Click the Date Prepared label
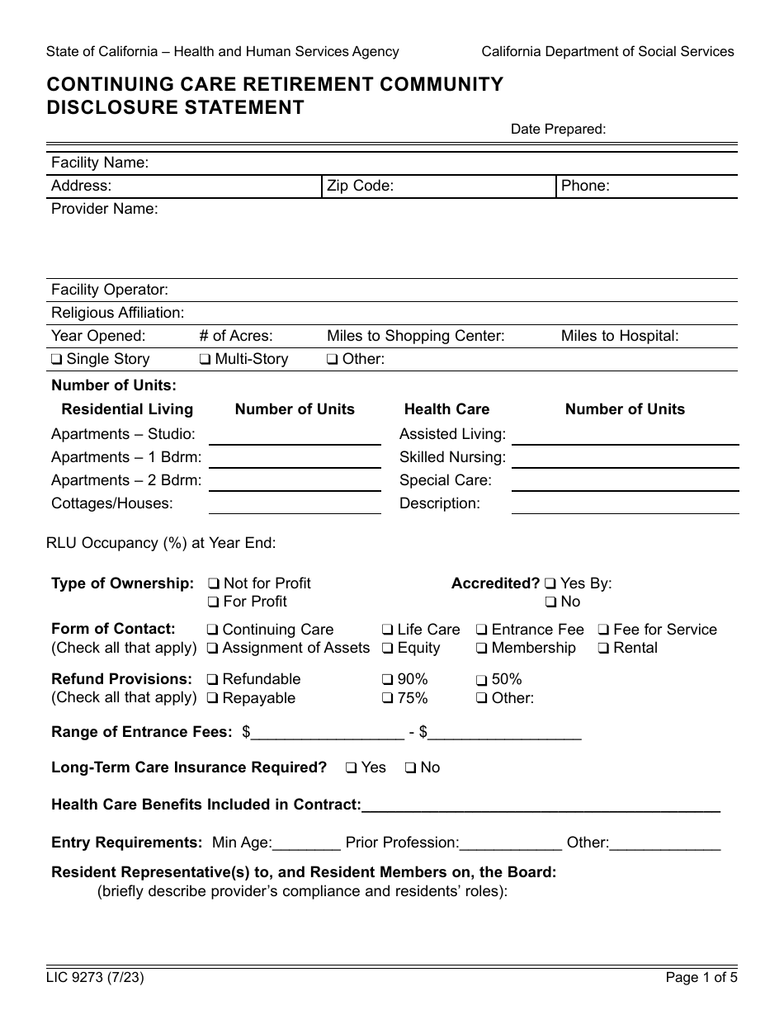click(x=558, y=129)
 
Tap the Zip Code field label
click(x=360, y=186)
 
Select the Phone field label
click(x=585, y=186)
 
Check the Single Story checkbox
click(x=57, y=360)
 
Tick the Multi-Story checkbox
click(x=205, y=360)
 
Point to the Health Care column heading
click(x=446, y=409)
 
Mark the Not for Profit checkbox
click(x=214, y=584)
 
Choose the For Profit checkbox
click(x=214, y=602)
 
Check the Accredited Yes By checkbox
click(x=550, y=584)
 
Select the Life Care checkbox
click(x=387, y=630)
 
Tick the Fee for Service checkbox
click(x=603, y=630)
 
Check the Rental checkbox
click(x=603, y=649)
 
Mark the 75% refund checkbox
click(x=387, y=699)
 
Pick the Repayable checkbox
click(x=213, y=699)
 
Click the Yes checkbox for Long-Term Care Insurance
click(x=352, y=768)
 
